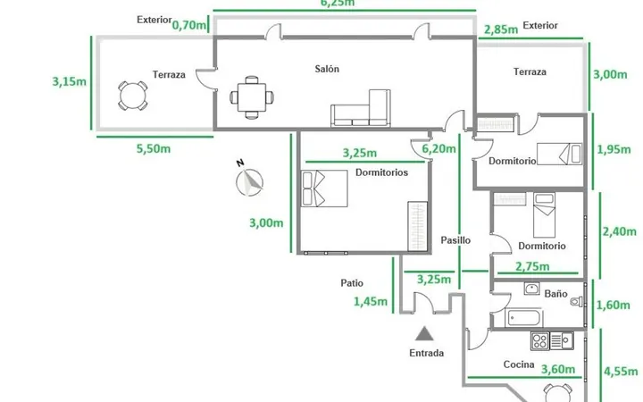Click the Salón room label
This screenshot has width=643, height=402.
pyautogui.click(x=327, y=69)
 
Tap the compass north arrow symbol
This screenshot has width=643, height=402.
pyautogui.click(x=249, y=180)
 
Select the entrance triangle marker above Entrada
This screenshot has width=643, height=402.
pyautogui.click(x=424, y=333)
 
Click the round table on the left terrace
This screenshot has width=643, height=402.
pyautogui.click(x=132, y=96)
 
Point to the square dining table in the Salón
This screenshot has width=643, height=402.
pyautogui.click(x=252, y=97)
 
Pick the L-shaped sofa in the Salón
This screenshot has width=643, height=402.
pyautogui.click(x=361, y=108)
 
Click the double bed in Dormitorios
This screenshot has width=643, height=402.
pyautogui.click(x=324, y=188)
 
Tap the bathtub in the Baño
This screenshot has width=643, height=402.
pyautogui.click(x=524, y=318)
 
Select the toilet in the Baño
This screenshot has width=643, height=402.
pyautogui.click(x=577, y=302)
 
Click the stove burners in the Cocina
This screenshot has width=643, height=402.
pyautogui.click(x=539, y=341)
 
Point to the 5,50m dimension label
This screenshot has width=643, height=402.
pyautogui.click(x=154, y=148)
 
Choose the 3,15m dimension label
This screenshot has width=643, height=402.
pyautogui.click(x=70, y=81)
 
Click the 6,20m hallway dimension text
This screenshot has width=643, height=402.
pyautogui.click(x=438, y=148)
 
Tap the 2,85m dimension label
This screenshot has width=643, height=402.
pyautogui.click(x=501, y=29)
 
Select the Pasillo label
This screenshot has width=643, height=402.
pyautogui.click(x=455, y=240)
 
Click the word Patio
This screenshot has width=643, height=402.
pyautogui.click(x=352, y=283)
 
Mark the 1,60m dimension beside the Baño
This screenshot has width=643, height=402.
pyautogui.click(x=613, y=305)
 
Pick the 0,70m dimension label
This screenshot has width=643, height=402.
pyautogui.click(x=189, y=25)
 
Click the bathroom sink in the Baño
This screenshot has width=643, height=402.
pyautogui.click(x=532, y=289)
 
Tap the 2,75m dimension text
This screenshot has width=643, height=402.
pyautogui.click(x=532, y=266)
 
